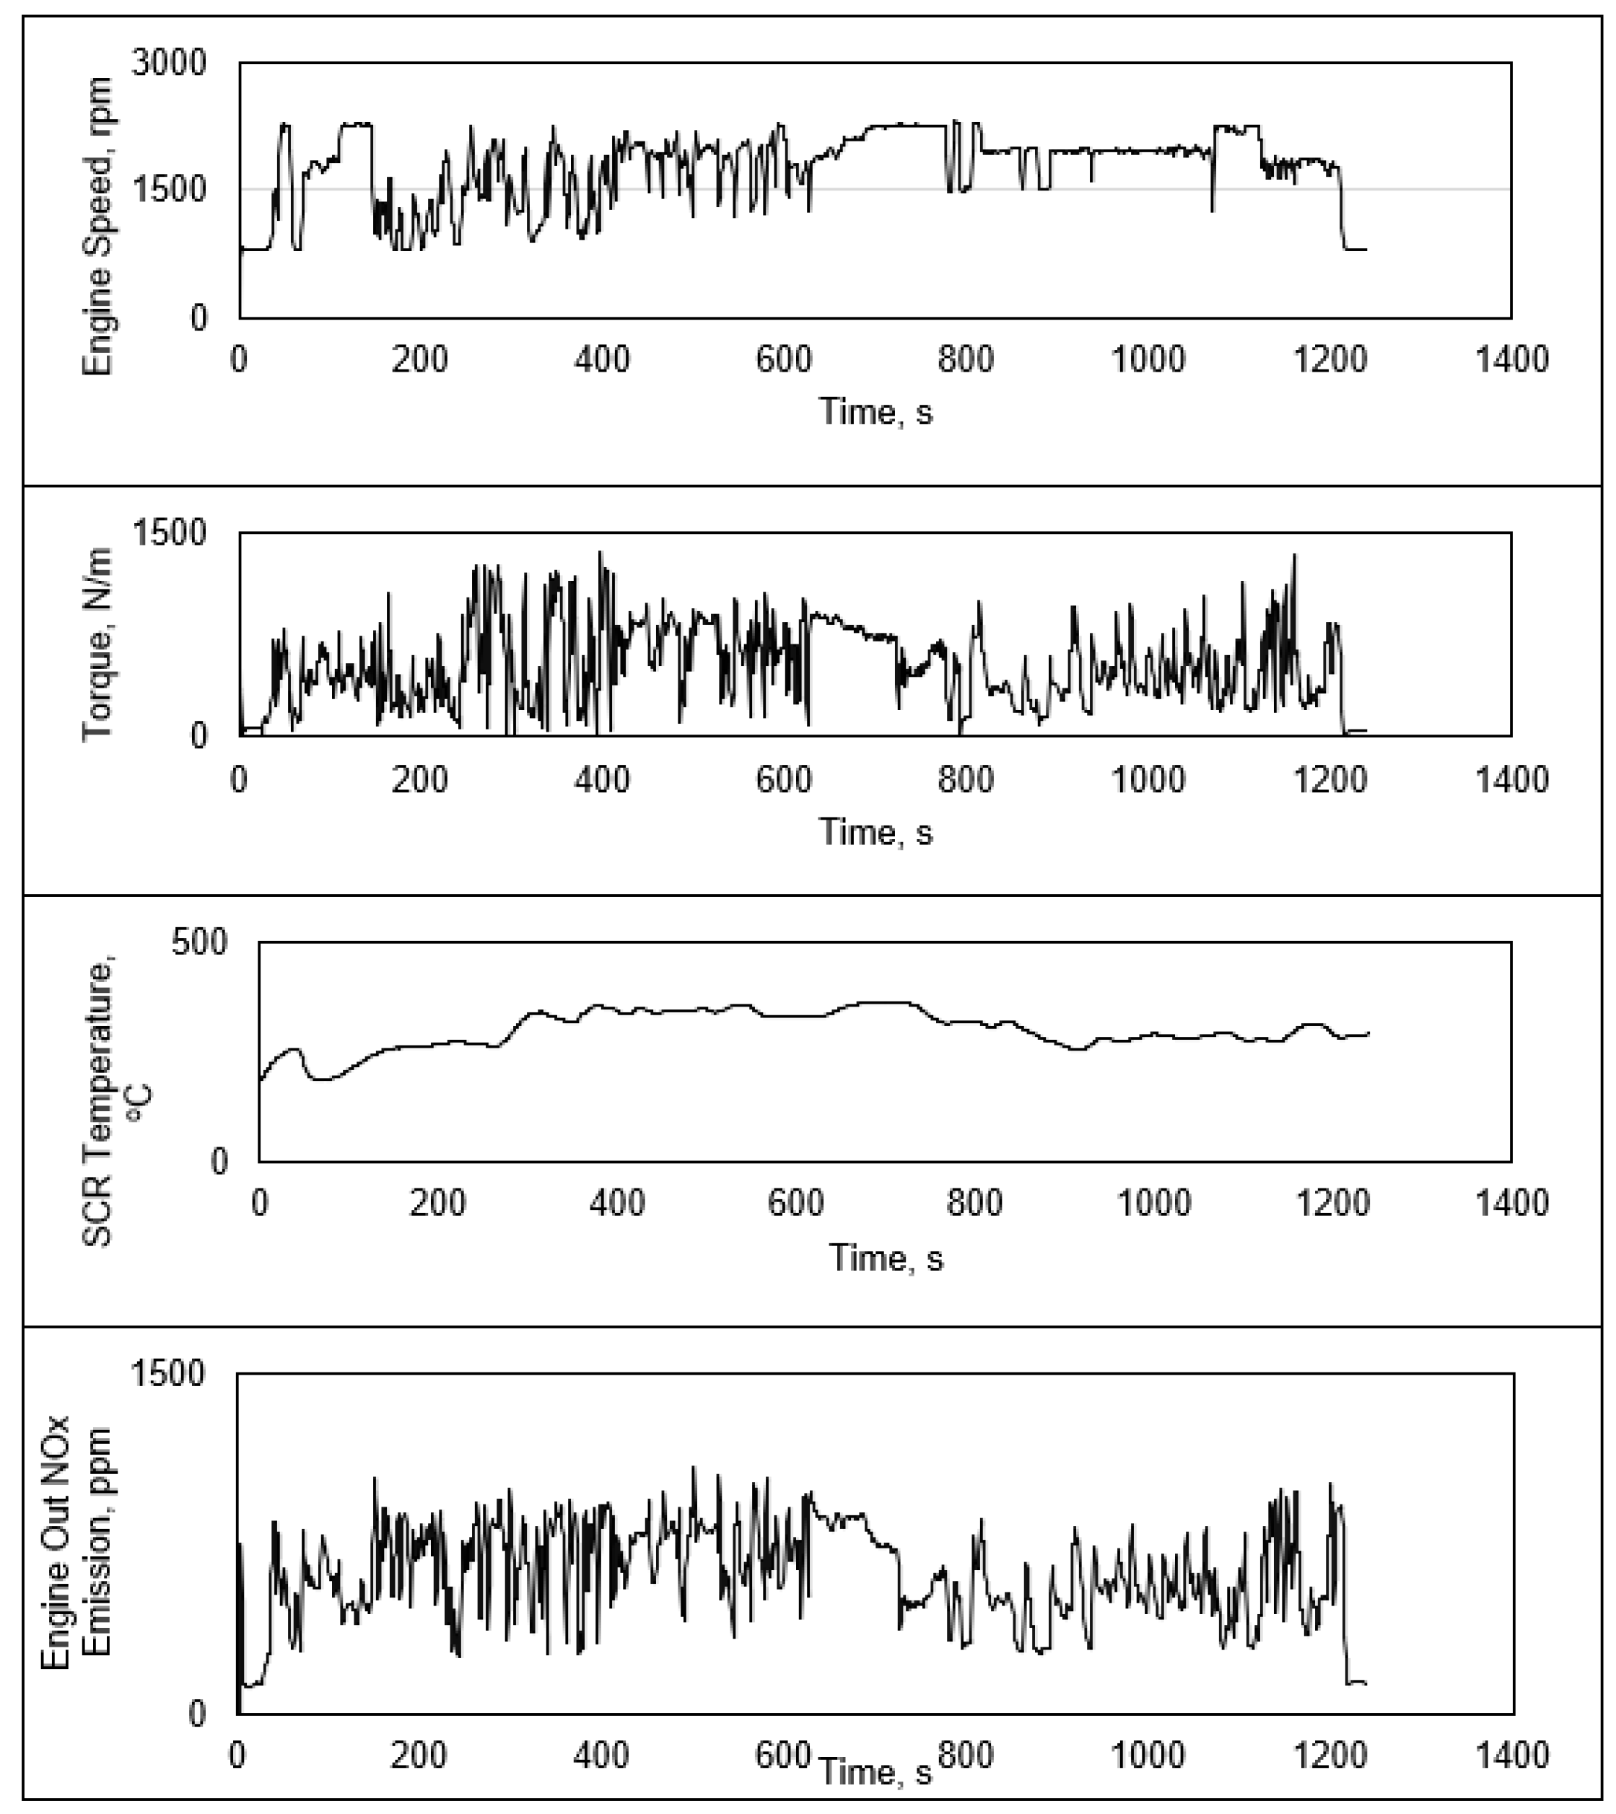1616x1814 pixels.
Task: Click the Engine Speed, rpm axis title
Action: (x=97, y=227)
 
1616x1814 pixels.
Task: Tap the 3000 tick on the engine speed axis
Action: (x=169, y=63)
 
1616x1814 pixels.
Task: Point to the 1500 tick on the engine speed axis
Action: (x=169, y=189)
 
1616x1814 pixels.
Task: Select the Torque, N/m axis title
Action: (x=97, y=644)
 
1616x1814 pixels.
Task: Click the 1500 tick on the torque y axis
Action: (x=169, y=533)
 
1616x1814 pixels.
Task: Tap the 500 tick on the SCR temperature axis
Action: (x=200, y=942)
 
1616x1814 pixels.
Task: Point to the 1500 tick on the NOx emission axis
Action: (x=169, y=1374)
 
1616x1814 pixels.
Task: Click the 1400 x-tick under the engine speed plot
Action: (x=1511, y=359)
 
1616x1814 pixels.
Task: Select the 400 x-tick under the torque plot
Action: (x=602, y=779)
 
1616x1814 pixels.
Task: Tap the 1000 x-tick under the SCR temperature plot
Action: (x=1153, y=1203)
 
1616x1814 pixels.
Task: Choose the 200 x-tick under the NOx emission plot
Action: (x=419, y=1755)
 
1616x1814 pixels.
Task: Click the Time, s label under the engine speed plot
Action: (x=875, y=412)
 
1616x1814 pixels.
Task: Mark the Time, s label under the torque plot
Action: (x=875, y=833)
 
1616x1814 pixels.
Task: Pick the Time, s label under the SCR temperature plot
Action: (x=886, y=1258)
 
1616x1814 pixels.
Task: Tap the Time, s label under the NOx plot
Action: (x=875, y=1772)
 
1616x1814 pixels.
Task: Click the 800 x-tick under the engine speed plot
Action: (x=966, y=359)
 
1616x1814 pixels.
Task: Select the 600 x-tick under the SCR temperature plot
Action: (x=795, y=1203)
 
